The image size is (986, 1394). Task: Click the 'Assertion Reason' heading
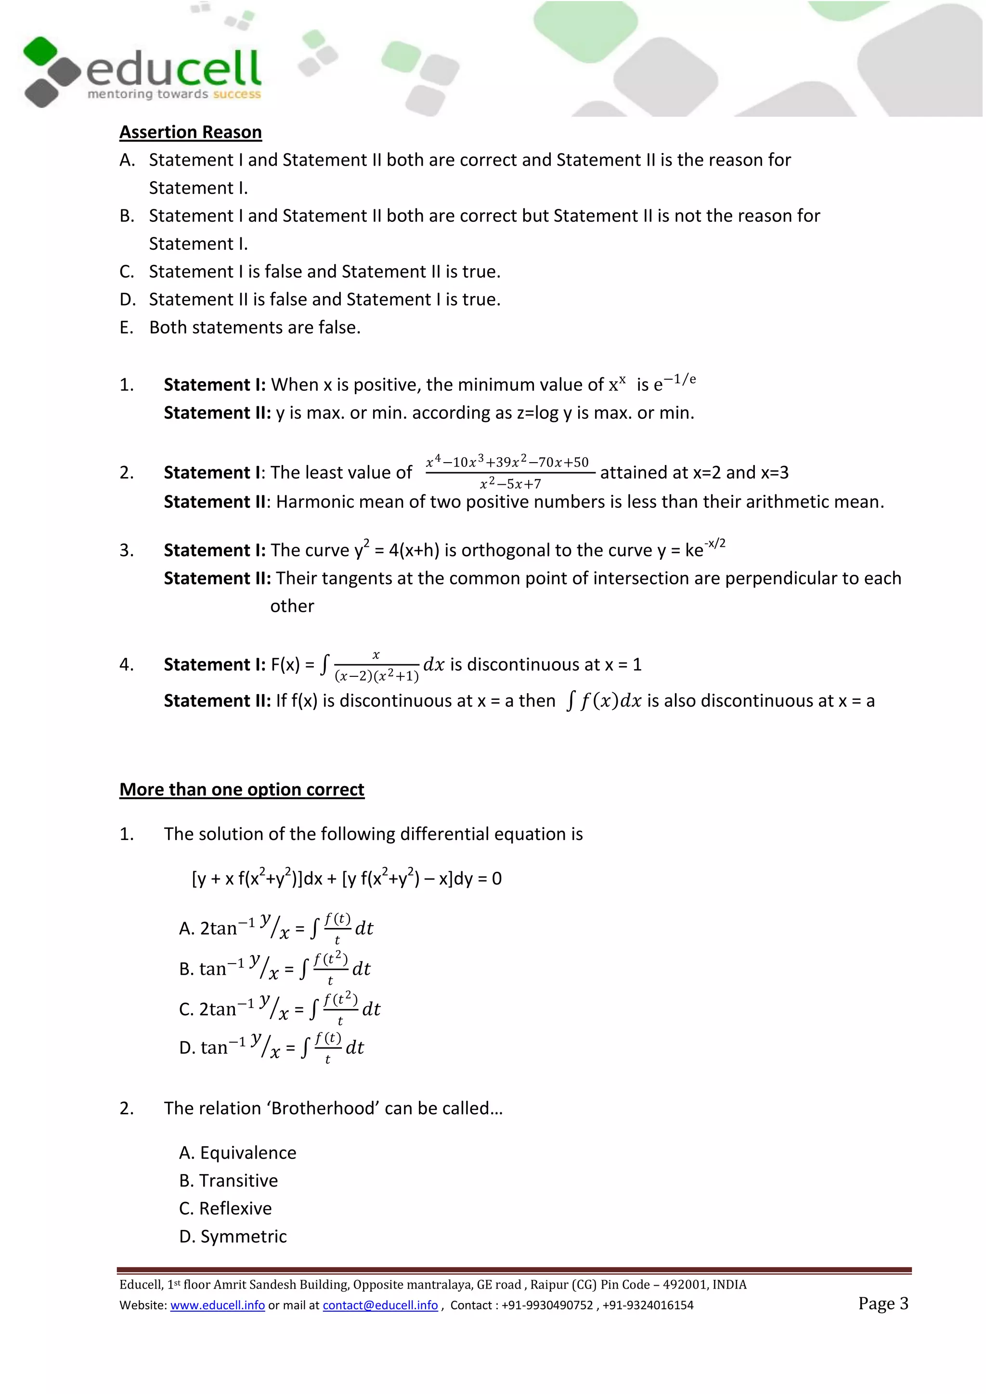click(190, 132)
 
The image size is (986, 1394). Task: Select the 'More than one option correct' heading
click(242, 789)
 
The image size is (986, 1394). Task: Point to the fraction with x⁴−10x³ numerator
click(509, 472)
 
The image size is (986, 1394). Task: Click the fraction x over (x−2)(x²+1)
click(376, 665)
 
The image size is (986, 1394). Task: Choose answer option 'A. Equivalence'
click(237, 1152)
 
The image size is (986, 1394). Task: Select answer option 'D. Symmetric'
click(233, 1236)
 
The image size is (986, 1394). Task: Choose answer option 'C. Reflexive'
click(225, 1208)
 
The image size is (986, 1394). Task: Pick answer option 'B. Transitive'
click(228, 1180)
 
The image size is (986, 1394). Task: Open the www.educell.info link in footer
click(217, 1305)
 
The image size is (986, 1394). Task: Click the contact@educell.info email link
click(380, 1305)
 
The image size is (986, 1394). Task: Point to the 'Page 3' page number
click(883, 1303)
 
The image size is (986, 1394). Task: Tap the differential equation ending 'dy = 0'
click(347, 878)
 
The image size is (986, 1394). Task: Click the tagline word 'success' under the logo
click(237, 94)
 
